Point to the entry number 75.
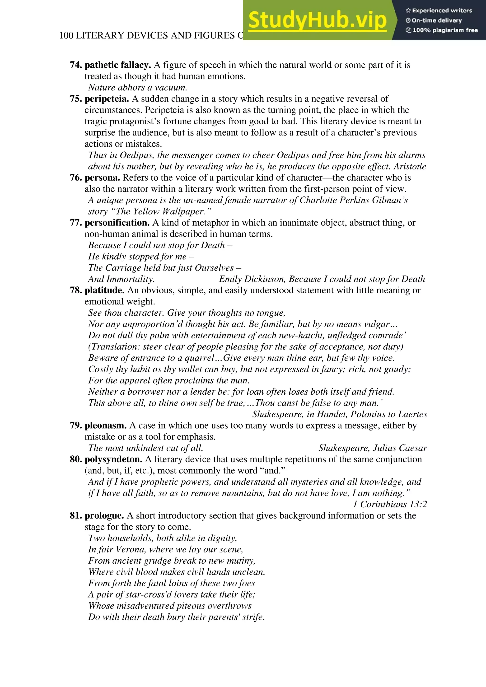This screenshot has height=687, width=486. [x=76, y=99]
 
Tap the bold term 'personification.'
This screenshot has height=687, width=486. [x=117, y=223]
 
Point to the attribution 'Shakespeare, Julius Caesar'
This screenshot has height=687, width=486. [x=373, y=448]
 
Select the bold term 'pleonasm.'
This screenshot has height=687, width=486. [x=106, y=425]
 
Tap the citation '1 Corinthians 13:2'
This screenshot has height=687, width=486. [x=390, y=505]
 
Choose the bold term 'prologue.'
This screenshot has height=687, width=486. [x=104, y=516]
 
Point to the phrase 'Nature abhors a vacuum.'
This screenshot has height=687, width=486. [x=138, y=88]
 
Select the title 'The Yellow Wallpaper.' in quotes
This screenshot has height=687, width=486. [x=161, y=211]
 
